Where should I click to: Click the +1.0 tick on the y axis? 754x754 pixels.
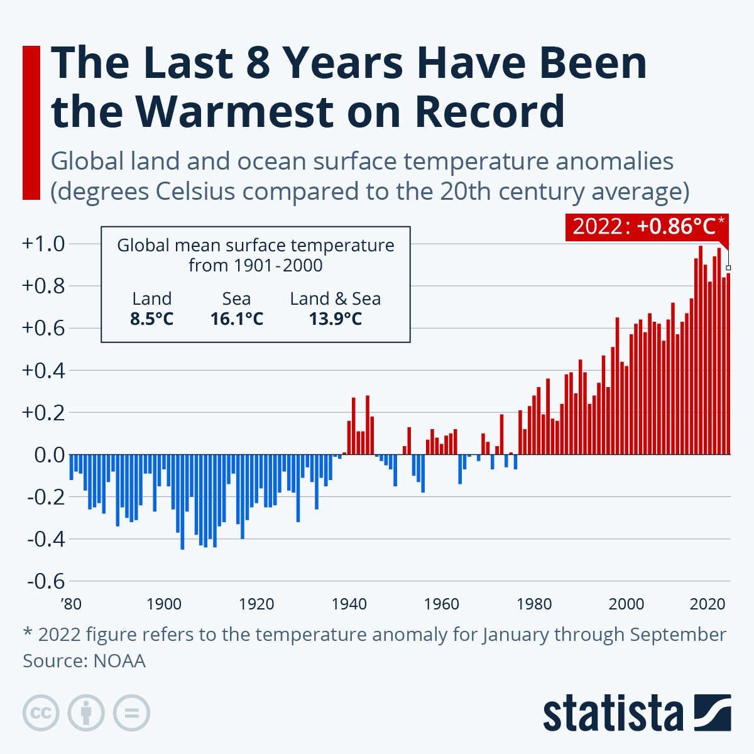pyautogui.click(x=43, y=244)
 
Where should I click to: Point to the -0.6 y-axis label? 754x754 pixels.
pyautogui.click(x=46, y=581)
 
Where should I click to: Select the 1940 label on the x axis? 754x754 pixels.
pyautogui.click(x=349, y=604)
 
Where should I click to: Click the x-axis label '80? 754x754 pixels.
pyautogui.click(x=72, y=604)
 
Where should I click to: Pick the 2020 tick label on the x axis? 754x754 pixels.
pyautogui.click(x=708, y=604)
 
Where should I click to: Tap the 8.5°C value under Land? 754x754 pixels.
pyautogui.click(x=151, y=319)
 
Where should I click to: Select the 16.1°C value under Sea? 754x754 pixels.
pyautogui.click(x=236, y=319)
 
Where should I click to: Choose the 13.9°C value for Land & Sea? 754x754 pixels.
pyautogui.click(x=335, y=319)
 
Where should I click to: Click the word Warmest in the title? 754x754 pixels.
pyautogui.click(x=234, y=112)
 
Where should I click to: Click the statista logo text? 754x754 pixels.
pyautogui.click(x=613, y=714)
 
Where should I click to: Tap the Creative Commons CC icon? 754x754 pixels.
pyautogui.click(x=41, y=713)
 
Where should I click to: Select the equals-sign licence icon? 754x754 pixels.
pyautogui.click(x=131, y=713)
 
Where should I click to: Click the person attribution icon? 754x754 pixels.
pyautogui.click(x=86, y=713)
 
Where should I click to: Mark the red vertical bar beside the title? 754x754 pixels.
pyautogui.click(x=31, y=123)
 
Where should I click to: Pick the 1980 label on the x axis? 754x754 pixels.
pyautogui.click(x=534, y=604)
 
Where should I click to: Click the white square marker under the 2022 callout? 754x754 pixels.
pyautogui.click(x=728, y=268)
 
